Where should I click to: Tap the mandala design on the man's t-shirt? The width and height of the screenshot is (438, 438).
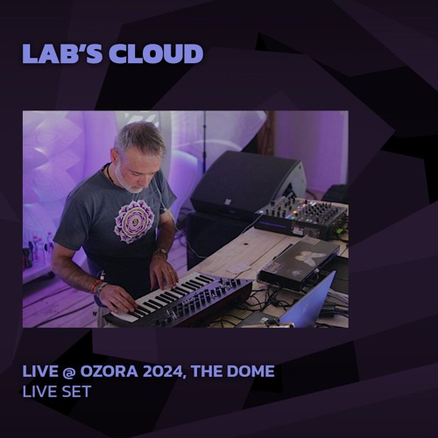pos(134,220)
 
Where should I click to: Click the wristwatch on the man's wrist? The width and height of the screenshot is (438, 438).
pos(162,253)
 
